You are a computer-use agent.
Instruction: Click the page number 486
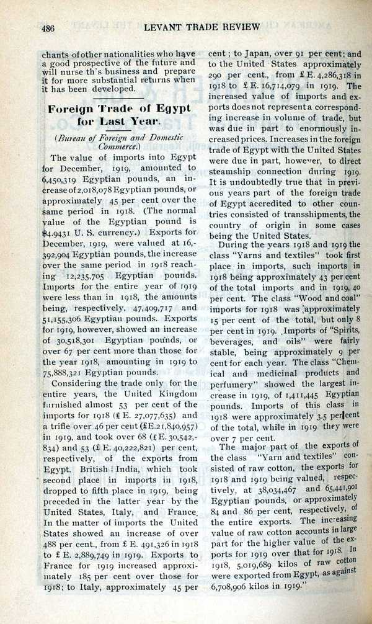click(x=50, y=29)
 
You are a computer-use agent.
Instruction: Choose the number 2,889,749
click(x=98, y=554)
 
